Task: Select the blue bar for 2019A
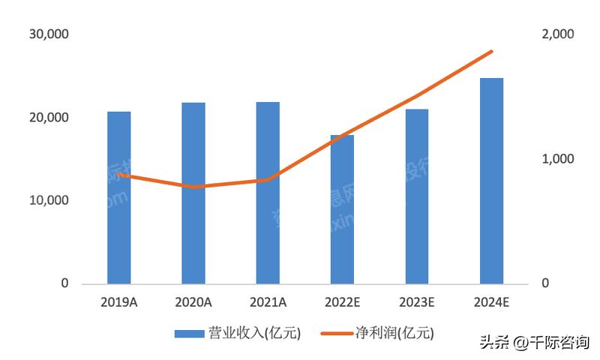coord(118,198)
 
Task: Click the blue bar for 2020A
coord(193,193)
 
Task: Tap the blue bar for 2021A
coord(268,193)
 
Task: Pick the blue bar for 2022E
coord(342,210)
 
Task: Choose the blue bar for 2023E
coord(416,196)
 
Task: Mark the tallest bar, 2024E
coord(491,181)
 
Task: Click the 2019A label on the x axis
coord(118,302)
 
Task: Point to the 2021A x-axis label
coord(268,302)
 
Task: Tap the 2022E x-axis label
coord(342,302)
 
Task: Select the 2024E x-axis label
coord(491,302)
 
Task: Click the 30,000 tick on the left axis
coord(49,34)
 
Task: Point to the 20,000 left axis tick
coord(49,118)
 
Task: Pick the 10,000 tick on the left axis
coord(49,201)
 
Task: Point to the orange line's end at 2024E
coord(491,52)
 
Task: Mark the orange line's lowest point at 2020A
coord(193,187)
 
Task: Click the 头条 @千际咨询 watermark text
coord(533,342)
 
